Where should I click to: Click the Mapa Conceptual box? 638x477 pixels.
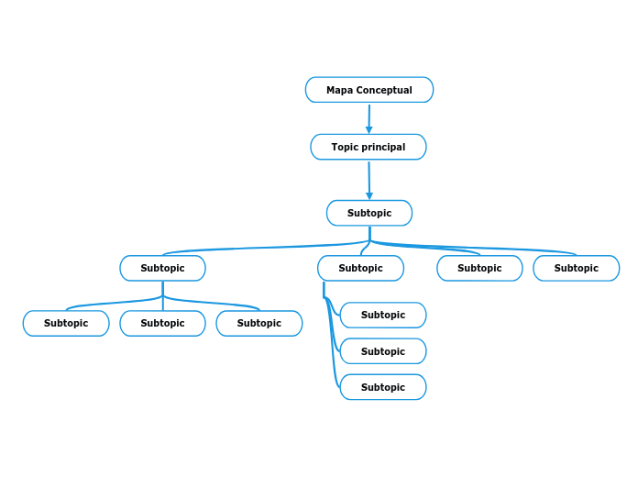click(368, 90)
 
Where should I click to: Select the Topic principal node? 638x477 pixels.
click(368, 147)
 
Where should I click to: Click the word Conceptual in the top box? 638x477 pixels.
click(384, 90)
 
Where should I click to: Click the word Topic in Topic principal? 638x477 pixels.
click(345, 147)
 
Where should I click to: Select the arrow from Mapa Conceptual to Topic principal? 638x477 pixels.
click(368, 118)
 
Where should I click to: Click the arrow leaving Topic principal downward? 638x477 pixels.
click(369, 180)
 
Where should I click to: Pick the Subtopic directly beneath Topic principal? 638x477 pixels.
click(368, 213)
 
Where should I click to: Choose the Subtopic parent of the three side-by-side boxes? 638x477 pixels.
click(162, 268)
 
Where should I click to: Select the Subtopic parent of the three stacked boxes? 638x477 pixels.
click(360, 268)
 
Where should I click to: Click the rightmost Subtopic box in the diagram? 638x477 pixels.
click(576, 268)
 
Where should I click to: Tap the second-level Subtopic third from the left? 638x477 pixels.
click(479, 268)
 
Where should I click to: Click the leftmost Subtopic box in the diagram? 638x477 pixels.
click(66, 323)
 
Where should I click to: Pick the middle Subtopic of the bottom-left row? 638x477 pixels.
click(162, 323)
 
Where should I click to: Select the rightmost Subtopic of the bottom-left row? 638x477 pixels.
click(258, 323)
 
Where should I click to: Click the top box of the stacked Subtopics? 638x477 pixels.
click(382, 315)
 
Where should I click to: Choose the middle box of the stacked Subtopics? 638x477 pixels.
click(382, 351)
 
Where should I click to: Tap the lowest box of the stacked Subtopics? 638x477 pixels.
click(382, 387)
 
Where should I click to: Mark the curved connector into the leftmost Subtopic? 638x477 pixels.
click(101, 303)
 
